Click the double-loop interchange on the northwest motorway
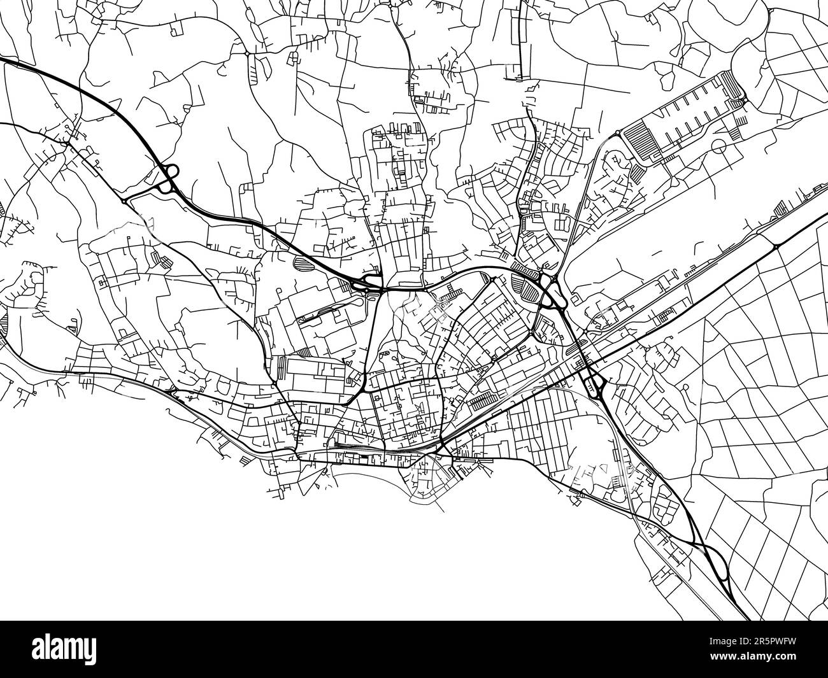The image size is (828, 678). (169, 178)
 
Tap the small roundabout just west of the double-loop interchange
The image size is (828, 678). (123, 201)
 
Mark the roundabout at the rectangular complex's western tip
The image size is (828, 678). (617, 133)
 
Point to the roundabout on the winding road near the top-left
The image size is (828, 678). (247, 55)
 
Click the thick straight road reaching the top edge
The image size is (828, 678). (521, 38)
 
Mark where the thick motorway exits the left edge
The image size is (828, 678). (3, 59)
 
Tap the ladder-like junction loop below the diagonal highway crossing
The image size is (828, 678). (596, 384)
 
